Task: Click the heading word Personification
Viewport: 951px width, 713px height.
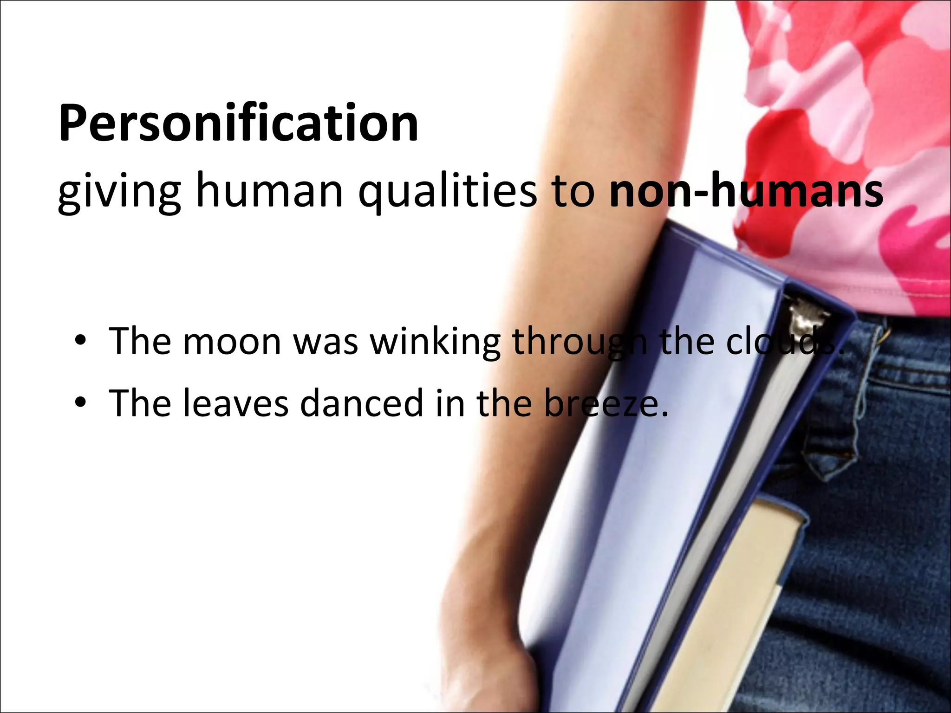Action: click(x=239, y=123)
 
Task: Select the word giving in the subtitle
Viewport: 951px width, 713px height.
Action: click(x=119, y=191)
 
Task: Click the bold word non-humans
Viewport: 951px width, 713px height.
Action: click(x=746, y=190)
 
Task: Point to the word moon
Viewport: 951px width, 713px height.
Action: click(x=232, y=342)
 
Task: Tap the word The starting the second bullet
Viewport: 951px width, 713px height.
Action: click(x=140, y=403)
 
